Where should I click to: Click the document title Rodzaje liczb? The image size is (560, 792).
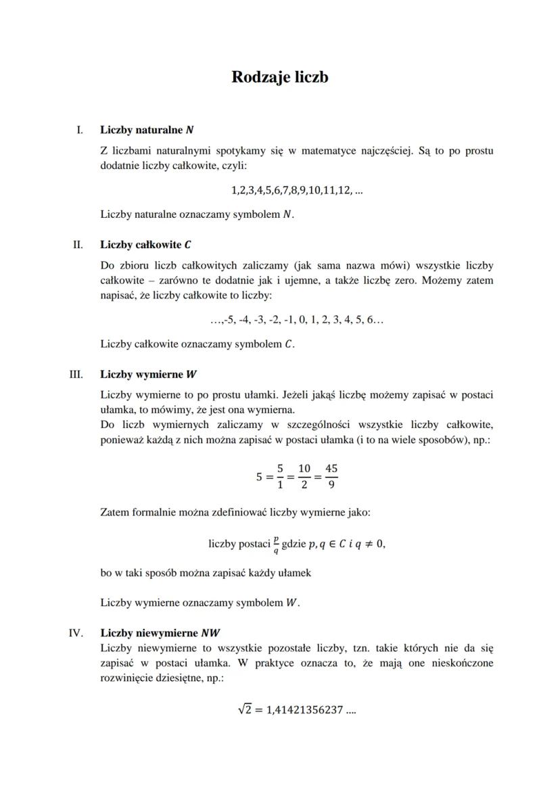279,77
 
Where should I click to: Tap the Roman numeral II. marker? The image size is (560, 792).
78,244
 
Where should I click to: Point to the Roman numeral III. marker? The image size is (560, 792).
76,373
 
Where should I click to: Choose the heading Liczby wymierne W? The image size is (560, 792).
148,373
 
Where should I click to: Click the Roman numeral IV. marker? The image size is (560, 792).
76,633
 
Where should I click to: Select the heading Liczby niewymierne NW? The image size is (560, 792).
160,633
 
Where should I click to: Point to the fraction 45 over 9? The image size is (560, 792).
331,476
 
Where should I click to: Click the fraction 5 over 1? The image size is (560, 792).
279,476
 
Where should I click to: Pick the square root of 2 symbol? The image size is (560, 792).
245,710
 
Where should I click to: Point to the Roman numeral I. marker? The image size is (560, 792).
80,129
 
